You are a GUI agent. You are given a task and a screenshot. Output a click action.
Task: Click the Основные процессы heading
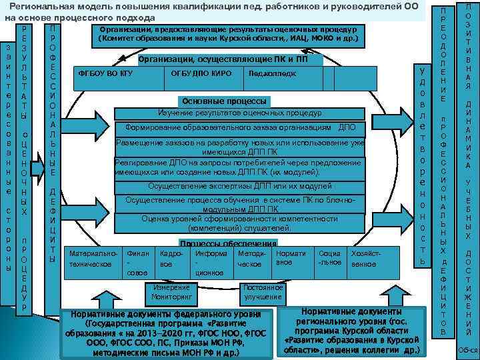[x=224, y=101]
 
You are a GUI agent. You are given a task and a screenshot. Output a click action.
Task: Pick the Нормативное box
[x=290, y=258]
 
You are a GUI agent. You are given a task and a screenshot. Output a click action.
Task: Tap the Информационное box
[x=211, y=263]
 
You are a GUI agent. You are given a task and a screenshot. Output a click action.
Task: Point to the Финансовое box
[x=137, y=263]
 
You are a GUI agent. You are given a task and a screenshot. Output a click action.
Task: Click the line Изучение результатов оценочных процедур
[x=239, y=113]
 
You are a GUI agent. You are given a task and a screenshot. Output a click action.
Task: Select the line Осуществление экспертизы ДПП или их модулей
[x=239, y=185]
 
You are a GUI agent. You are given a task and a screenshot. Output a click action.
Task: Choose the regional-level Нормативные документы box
[x=351, y=331]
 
